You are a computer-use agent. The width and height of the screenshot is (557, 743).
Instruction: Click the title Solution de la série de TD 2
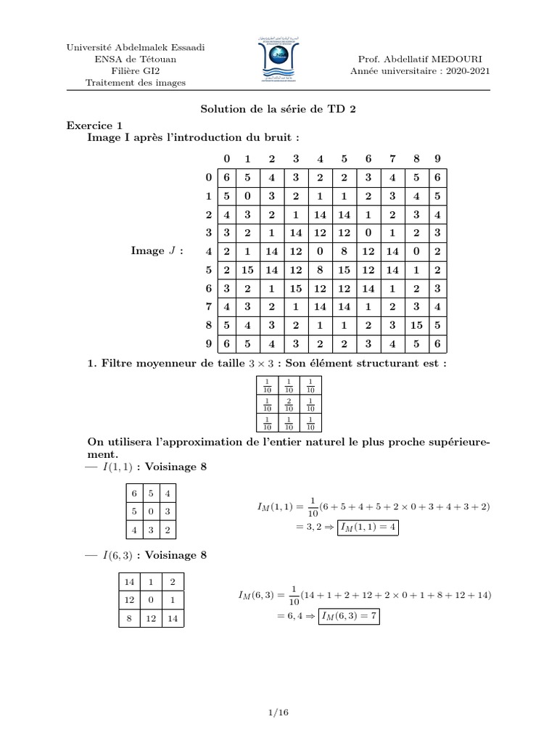pyautogui.click(x=278, y=109)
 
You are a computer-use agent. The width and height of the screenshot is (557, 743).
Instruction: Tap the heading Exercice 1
pyautogui.click(x=95, y=125)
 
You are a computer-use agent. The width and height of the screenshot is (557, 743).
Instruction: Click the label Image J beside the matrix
pyautogui.click(x=156, y=251)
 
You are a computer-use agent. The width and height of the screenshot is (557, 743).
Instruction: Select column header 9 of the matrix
pyautogui.click(x=435, y=158)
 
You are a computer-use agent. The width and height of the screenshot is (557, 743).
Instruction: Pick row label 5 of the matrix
pyautogui.click(x=207, y=270)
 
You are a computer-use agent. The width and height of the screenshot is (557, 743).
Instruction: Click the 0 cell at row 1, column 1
pyautogui.click(x=247, y=195)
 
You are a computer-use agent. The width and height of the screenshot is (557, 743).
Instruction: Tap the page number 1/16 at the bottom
pyautogui.click(x=278, y=713)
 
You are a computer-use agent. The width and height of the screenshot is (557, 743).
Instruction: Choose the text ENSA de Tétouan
pyautogui.click(x=136, y=59)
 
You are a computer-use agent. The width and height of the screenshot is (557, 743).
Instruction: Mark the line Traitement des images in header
pyautogui.click(x=136, y=82)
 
